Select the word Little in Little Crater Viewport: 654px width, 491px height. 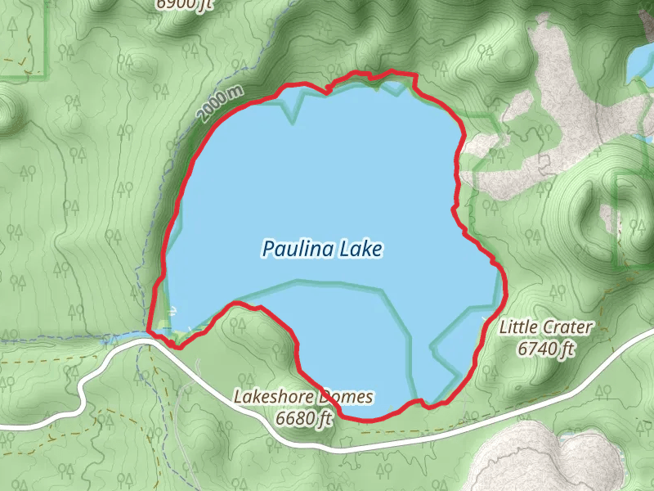tap(517, 328)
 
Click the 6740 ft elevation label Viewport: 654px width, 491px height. tap(547, 349)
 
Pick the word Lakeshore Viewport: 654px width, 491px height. tap(272, 398)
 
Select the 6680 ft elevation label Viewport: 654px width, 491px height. tap(305, 419)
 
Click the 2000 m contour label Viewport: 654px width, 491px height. tap(220, 103)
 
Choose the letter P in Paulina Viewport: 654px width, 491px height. tap(268, 249)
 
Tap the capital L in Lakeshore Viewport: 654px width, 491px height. tap(239, 398)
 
